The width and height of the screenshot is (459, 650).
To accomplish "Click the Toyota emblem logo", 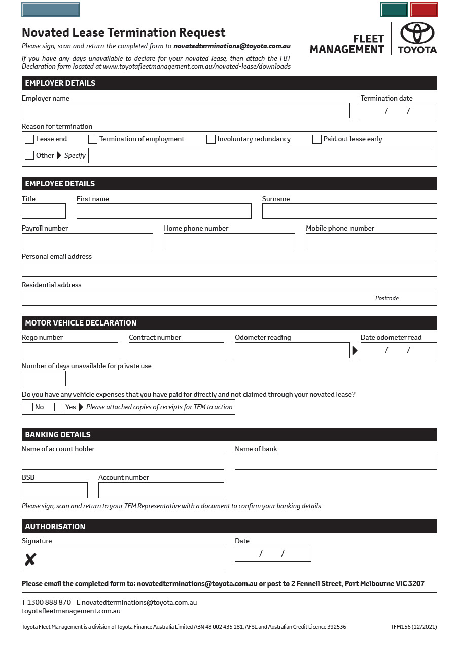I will (417, 34).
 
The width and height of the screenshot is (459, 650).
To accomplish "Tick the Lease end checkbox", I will (29, 139).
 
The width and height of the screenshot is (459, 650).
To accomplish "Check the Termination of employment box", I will (93, 139).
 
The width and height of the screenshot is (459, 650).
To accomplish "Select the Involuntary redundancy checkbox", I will (211, 139).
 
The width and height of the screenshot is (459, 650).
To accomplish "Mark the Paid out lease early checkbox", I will (317, 139).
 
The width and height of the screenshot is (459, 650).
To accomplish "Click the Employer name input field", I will (186, 111).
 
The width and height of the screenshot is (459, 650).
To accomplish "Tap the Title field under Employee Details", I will (44, 211).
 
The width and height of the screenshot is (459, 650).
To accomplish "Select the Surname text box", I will (349, 211).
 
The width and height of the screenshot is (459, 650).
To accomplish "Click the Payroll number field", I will (87, 241).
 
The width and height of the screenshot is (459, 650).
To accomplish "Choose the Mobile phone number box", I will (371, 241).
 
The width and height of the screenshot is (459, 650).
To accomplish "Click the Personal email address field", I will (229, 269).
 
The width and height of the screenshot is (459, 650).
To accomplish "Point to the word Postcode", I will (387, 298).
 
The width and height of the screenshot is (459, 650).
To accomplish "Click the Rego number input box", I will (70, 350).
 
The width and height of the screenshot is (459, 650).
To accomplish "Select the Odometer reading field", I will (292, 350).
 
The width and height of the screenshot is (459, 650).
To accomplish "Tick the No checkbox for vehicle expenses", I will (28, 407).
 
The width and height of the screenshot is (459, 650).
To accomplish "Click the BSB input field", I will (55, 491).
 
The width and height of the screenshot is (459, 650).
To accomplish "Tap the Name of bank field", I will (335, 462).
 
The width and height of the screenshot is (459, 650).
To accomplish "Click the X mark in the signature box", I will (30, 560).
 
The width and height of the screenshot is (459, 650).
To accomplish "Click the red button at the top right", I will (424, 10).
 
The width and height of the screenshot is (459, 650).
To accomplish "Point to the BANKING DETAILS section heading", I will (58, 435).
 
